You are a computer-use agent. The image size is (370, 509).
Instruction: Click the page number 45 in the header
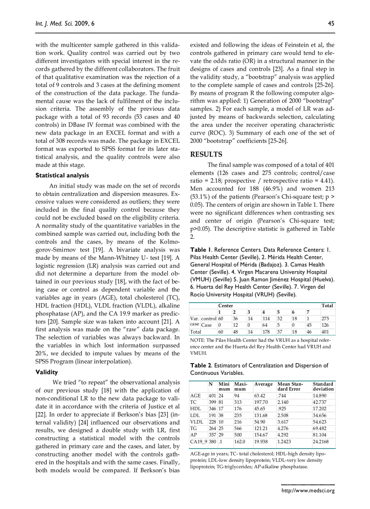click(331, 24)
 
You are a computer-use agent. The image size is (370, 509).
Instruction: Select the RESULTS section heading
click(206, 154)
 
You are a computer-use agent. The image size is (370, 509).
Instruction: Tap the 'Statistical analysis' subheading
click(62, 175)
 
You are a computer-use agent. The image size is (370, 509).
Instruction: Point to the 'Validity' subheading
click(47, 372)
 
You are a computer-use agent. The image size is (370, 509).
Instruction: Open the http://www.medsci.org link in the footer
click(308, 490)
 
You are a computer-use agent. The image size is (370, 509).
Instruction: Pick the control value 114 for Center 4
click(266, 319)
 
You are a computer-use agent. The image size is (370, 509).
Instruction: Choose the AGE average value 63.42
click(261, 396)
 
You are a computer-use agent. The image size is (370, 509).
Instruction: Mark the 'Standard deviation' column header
click(323, 386)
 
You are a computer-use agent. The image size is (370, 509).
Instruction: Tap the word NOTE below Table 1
click(197, 340)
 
